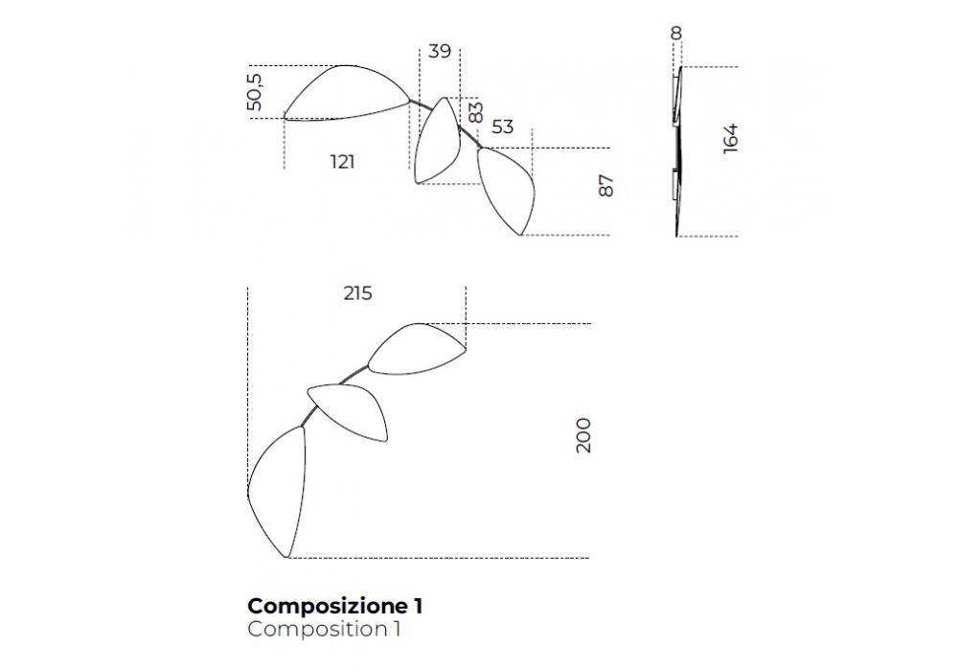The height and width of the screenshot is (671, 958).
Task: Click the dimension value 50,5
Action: [x=254, y=91]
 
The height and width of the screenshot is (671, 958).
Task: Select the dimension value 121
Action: [x=342, y=162]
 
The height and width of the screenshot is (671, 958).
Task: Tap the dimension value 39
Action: [x=440, y=52]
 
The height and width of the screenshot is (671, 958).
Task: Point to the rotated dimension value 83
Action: [x=476, y=112]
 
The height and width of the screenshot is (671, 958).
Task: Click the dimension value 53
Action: [x=502, y=127]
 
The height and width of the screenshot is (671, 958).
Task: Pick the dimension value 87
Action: [x=605, y=186]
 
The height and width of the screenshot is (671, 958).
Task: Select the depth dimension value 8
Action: [x=676, y=34]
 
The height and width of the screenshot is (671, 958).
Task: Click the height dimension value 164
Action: [x=731, y=138]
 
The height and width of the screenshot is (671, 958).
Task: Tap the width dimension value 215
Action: [x=357, y=294]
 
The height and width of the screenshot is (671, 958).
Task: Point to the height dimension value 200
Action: [x=583, y=435]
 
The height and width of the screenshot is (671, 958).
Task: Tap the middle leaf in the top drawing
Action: [x=436, y=142]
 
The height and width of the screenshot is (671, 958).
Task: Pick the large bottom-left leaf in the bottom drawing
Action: [x=278, y=489]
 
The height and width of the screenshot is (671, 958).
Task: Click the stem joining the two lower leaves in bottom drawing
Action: [x=309, y=417]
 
